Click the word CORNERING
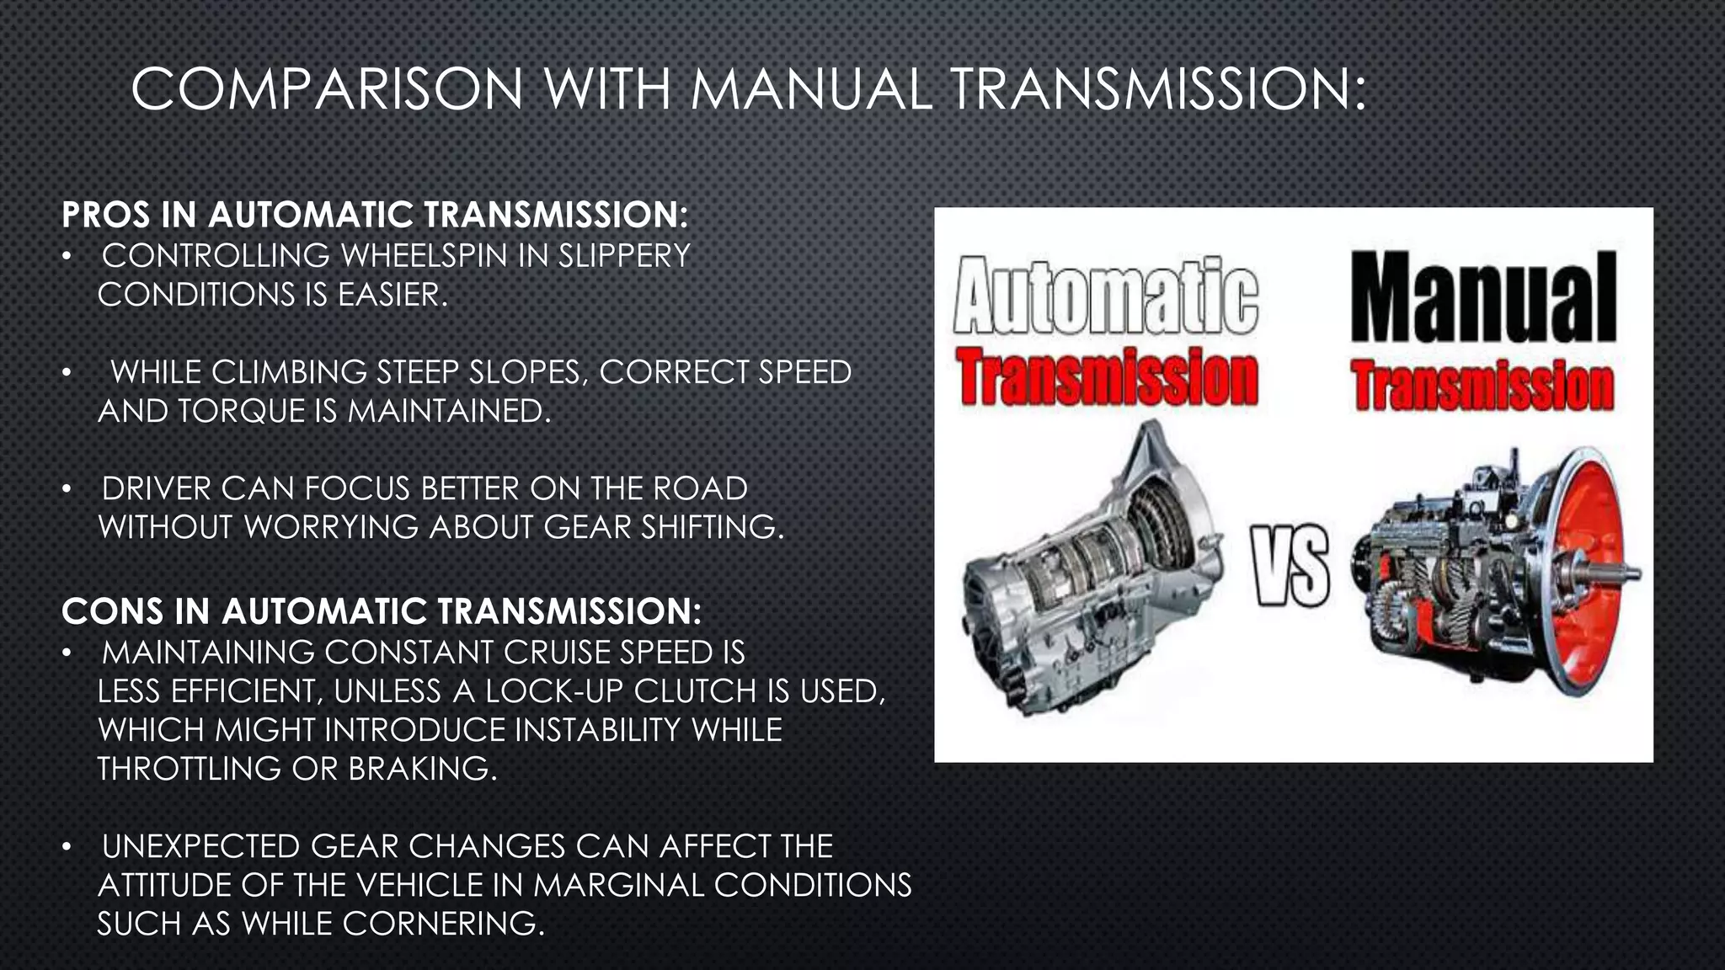point(444,924)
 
